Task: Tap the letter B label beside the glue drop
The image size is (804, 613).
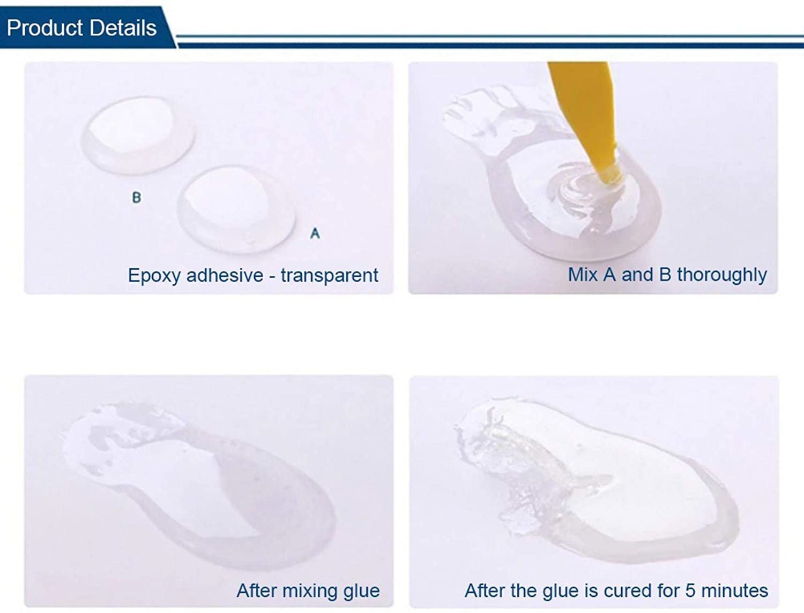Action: pos(137,198)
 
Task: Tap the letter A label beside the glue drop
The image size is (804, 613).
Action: pos(315,233)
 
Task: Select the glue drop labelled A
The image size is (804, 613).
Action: pos(236,209)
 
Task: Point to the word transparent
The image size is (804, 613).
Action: pos(329,275)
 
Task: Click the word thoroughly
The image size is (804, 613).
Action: pos(721,275)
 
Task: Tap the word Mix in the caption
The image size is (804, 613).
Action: pos(583,275)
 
